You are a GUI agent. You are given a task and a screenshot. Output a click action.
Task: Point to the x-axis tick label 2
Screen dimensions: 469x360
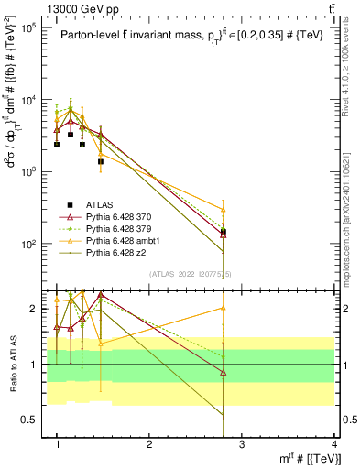[149, 444]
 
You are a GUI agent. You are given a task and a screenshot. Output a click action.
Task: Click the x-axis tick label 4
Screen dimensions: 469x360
[334, 444]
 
